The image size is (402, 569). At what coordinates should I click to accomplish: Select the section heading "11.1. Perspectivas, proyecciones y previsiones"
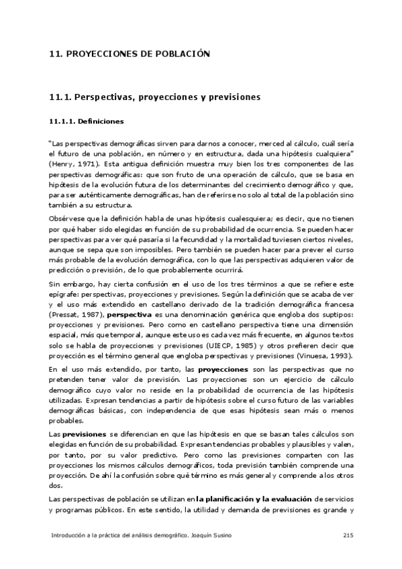(154, 97)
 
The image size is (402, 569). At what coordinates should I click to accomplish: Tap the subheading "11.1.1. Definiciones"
(86, 122)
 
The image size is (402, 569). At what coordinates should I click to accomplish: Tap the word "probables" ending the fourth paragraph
(67, 421)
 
